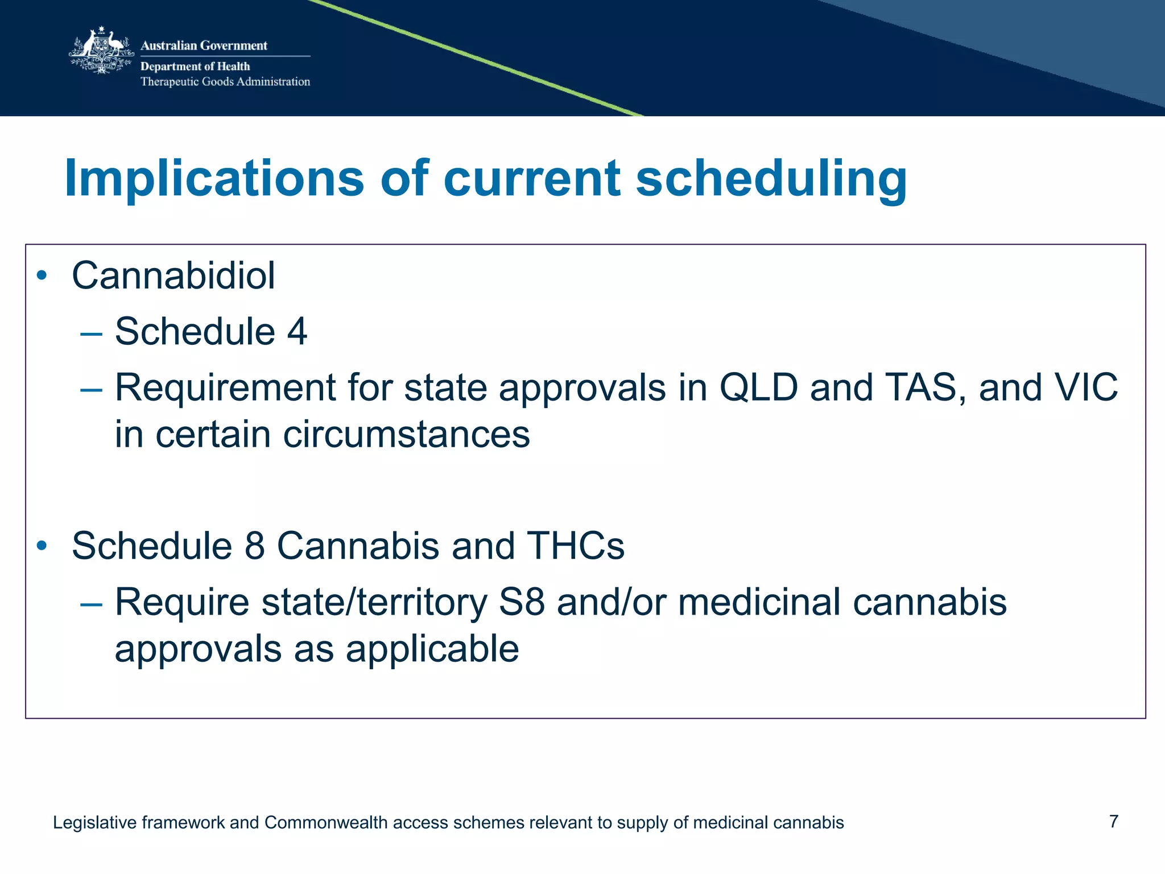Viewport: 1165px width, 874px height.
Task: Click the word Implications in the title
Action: (x=214, y=179)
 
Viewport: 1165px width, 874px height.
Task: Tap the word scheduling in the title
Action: (x=771, y=179)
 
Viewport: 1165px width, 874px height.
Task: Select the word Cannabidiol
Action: (x=173, y=276)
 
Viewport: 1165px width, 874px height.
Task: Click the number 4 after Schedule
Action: (x=297, y=331)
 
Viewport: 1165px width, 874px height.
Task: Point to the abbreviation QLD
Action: (x=759, y=388)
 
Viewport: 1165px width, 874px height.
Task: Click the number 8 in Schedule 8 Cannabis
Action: (x=255, y=546)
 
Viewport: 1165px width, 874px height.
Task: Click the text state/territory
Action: (x=374, y=603)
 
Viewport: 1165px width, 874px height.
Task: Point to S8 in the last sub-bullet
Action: (x=522, y=603)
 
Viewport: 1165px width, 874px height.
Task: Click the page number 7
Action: (x=1114, y=822)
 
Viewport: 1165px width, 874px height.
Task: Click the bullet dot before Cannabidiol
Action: (x=42, y=276)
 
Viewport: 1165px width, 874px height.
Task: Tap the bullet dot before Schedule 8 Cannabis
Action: (x=42, y=546)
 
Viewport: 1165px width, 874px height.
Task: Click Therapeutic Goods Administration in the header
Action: (x=225, y=82)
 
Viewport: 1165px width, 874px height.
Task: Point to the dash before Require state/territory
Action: (x=91, y=604)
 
